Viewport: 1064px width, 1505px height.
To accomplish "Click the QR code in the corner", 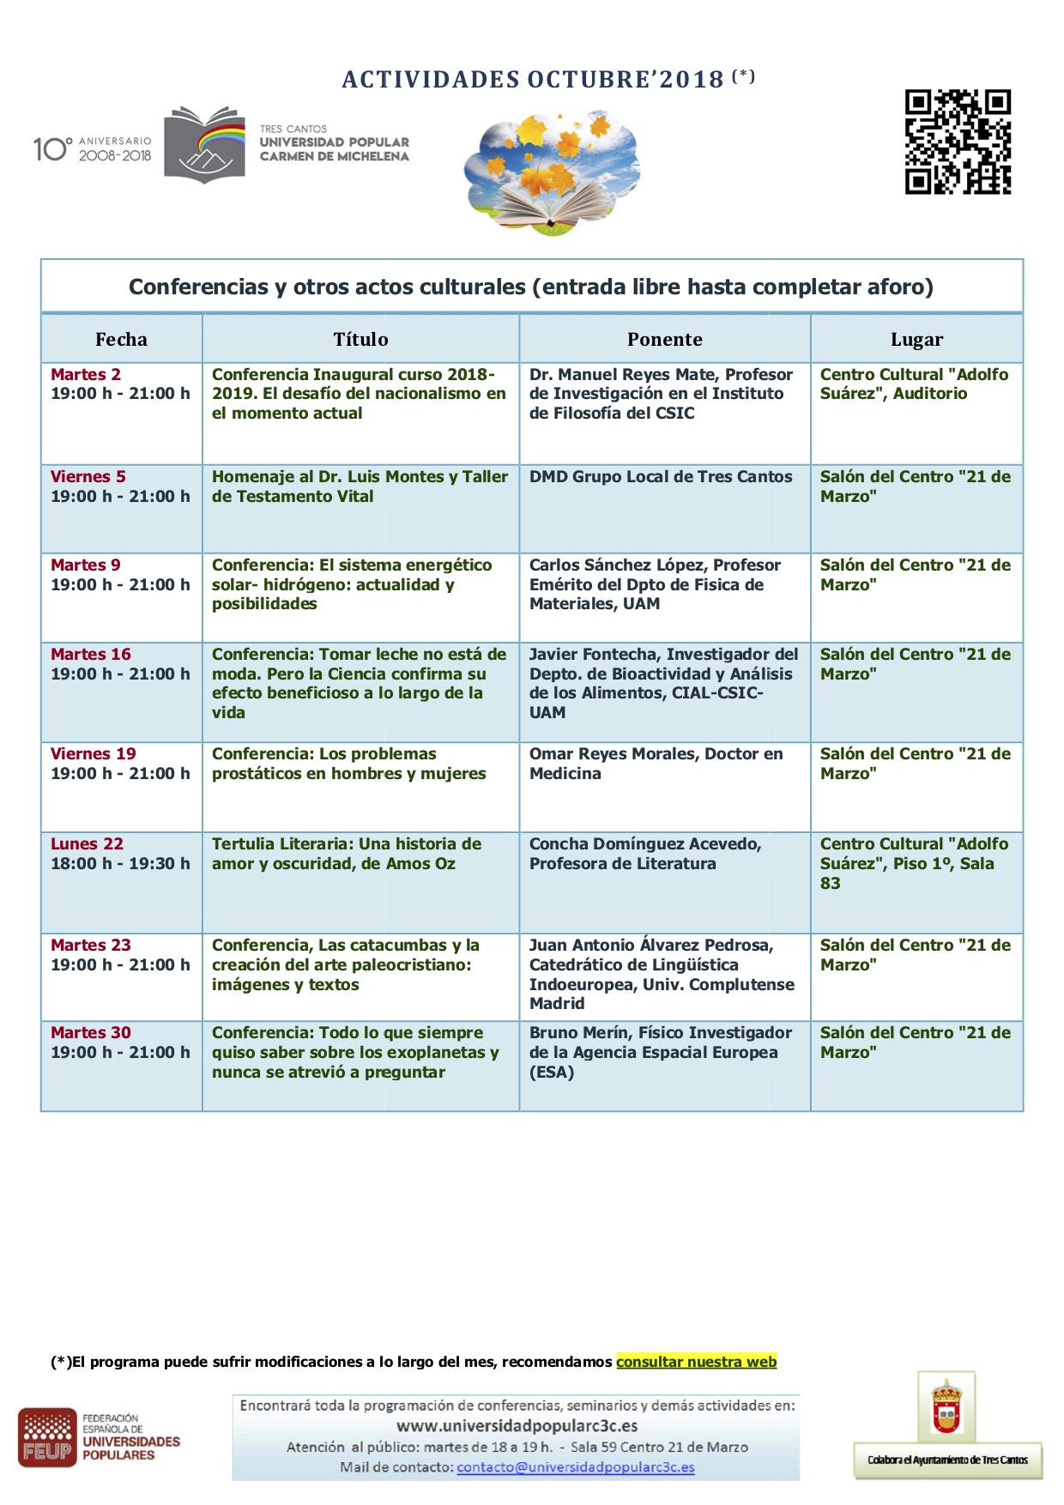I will (958, 142).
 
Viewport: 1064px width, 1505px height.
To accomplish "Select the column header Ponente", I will (664, 339).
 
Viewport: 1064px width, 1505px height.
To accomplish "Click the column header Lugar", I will (916, 339).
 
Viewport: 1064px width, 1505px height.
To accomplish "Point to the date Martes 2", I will (86, 374).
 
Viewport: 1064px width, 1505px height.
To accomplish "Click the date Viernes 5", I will (88, 476).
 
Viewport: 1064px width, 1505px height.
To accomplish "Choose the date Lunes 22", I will (87, 843).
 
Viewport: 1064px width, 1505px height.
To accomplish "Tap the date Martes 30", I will (91, 1032).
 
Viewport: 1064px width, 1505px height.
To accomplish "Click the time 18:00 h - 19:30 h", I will (120, 863).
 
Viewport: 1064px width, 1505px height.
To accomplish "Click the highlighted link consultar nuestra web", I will (696, 1362).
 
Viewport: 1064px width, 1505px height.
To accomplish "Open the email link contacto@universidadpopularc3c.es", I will (575, 1467).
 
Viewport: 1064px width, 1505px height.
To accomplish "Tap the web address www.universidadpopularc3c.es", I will (517, 1426).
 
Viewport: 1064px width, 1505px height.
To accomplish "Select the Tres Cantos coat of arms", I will (946, 1408).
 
